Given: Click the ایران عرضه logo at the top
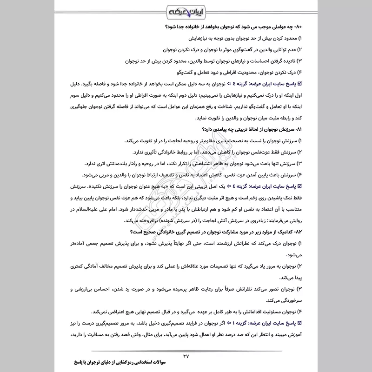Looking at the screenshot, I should [186, 11].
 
